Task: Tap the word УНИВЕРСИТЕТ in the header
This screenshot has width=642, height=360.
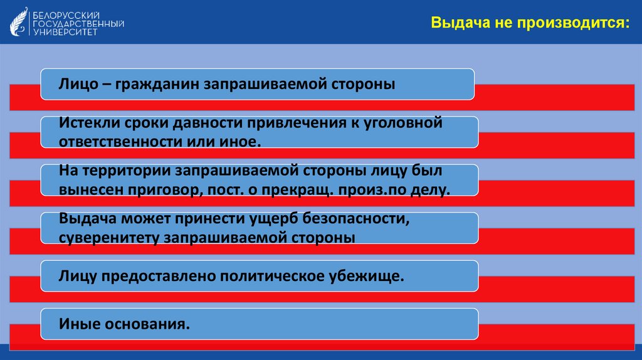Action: (65, 31)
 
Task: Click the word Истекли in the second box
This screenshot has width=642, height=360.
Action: (85, 124)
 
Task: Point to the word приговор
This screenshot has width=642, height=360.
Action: (164, 189)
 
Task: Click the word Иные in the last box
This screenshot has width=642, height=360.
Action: (77, 325)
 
